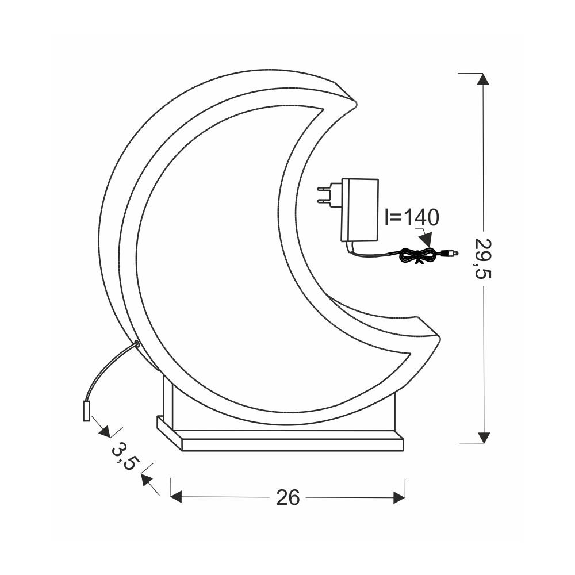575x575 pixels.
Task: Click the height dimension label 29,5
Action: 482,259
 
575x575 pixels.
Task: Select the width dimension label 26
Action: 288,497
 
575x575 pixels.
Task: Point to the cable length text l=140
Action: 412,217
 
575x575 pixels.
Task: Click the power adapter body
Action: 360,210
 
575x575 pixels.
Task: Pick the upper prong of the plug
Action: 325,188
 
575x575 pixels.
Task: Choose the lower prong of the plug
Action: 325,201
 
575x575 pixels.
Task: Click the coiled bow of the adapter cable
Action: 417,256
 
